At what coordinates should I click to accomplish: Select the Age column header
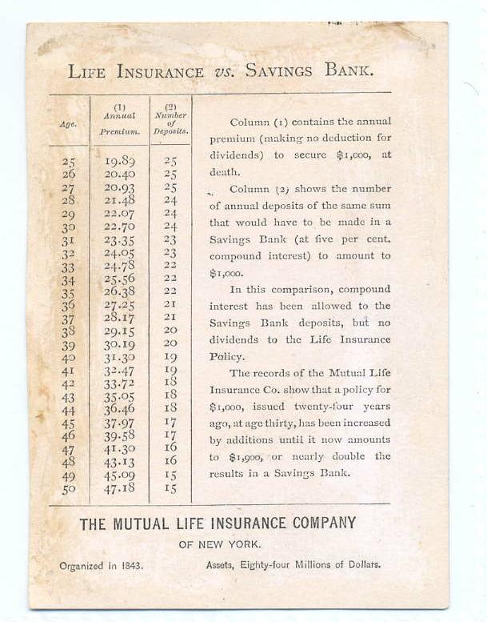pos(68,124)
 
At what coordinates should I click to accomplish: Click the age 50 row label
pos(68,488)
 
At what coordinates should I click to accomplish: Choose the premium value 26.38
pos(120,291)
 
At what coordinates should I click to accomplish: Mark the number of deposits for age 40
pos(170,357)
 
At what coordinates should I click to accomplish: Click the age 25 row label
pos(68,162)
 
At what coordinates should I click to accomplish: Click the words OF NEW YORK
pos(218,545)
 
